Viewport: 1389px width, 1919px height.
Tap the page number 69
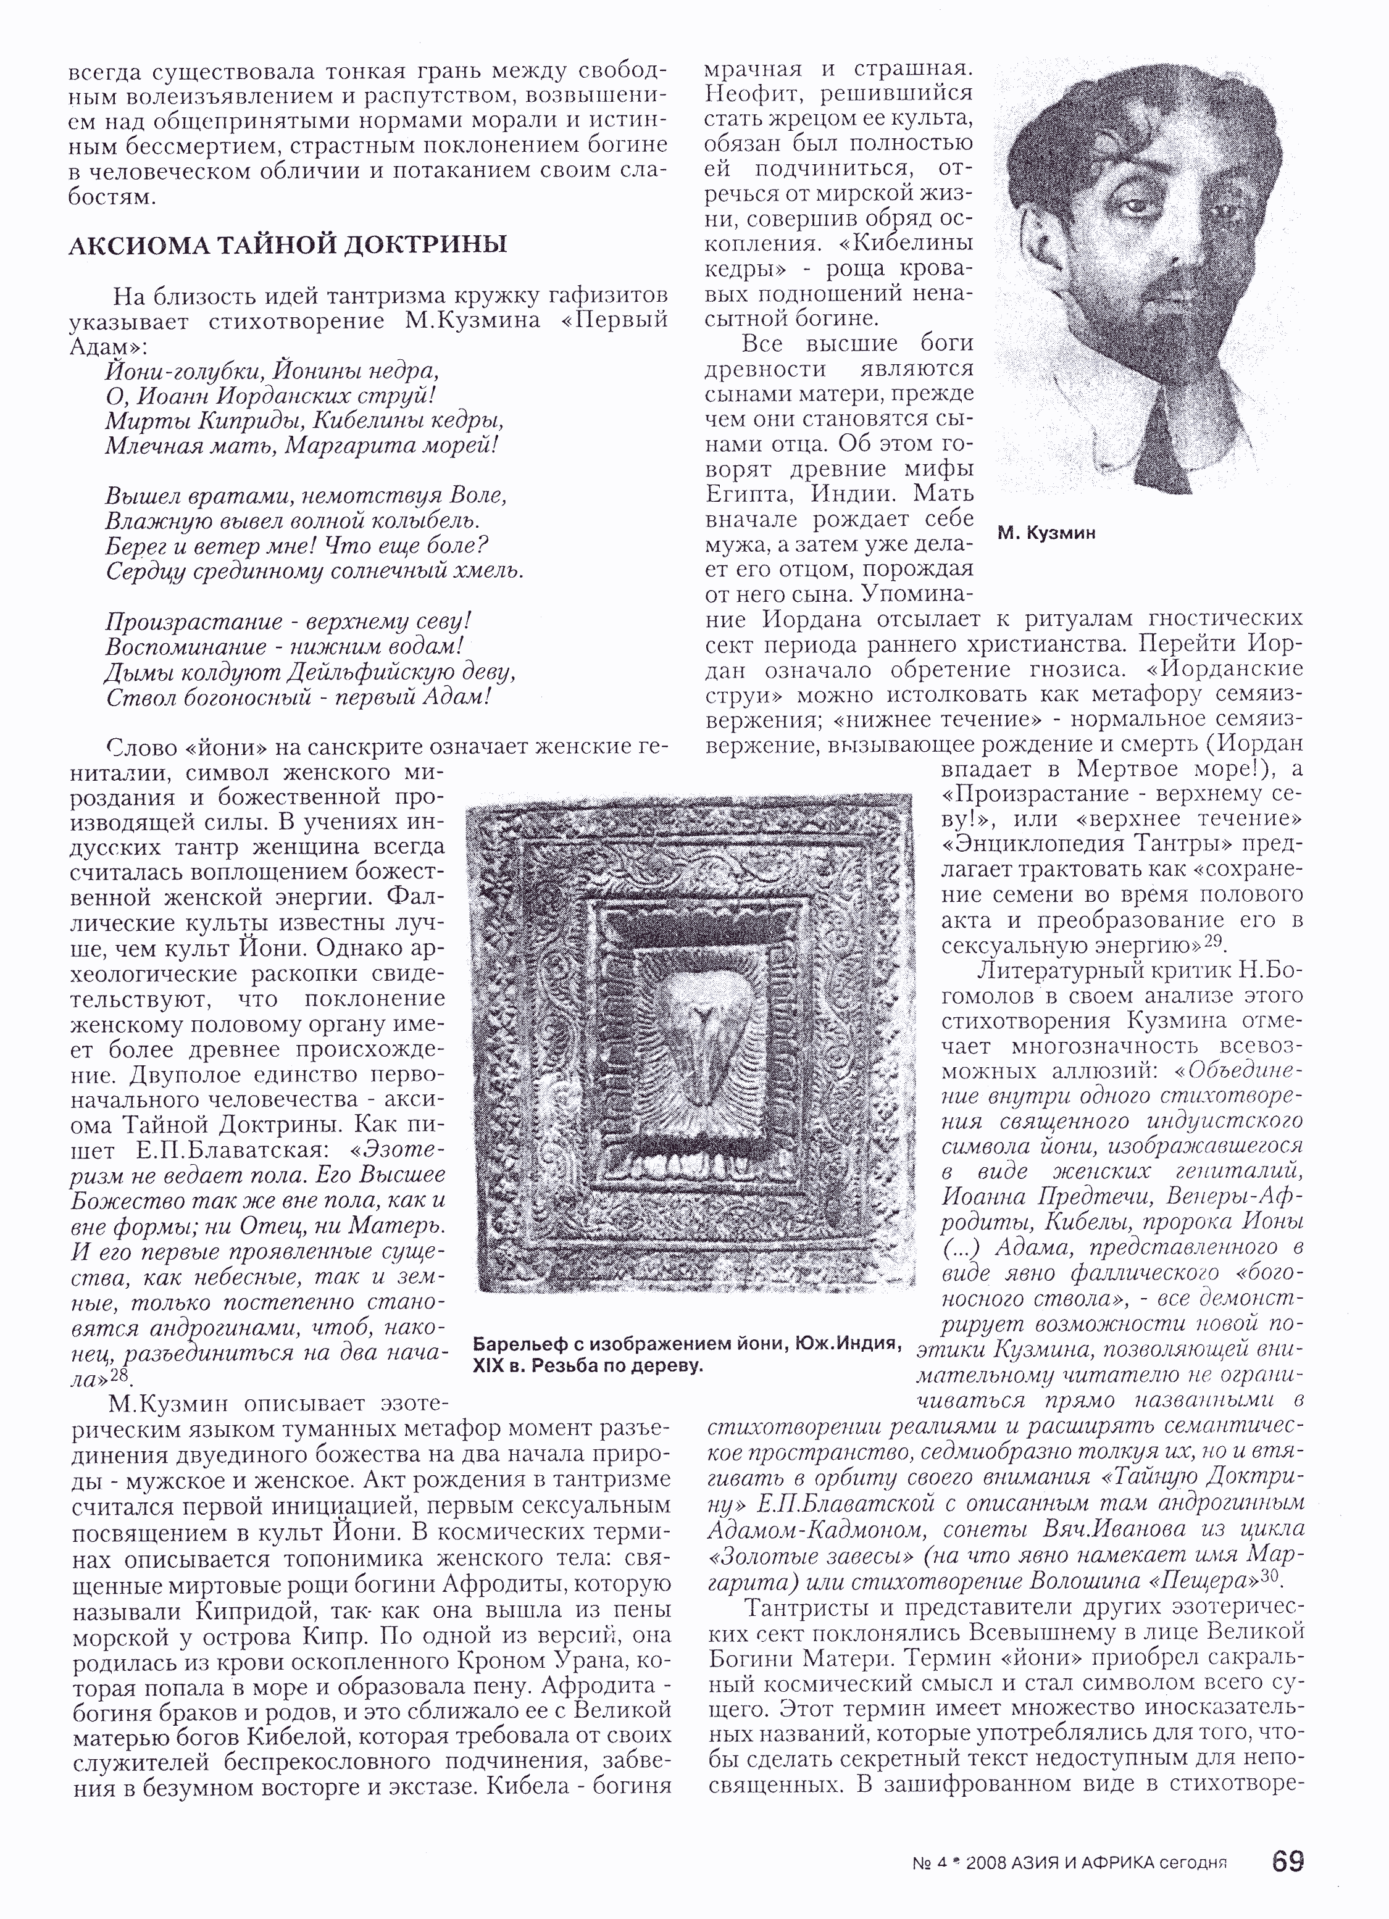click(x=1287, y=1862)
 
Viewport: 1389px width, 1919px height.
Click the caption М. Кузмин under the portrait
click(x=1046, y=533)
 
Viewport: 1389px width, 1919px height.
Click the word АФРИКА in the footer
click(x=1109, y=1863)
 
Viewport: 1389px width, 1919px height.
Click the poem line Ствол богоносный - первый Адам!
click(x=299, y=697)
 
